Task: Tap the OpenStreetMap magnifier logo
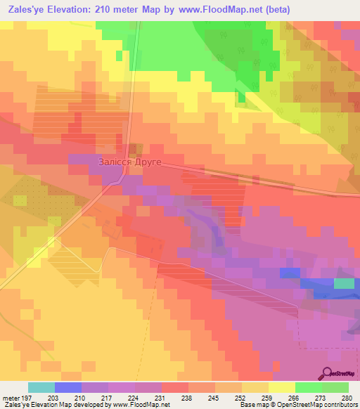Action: pos(328,373)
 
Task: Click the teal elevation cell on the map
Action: pos(344,283)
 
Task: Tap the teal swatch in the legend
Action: pos(41,387)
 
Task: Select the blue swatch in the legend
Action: pos(68,387)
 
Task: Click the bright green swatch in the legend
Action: pos(308,387)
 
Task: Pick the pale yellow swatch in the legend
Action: pos(281,387)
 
